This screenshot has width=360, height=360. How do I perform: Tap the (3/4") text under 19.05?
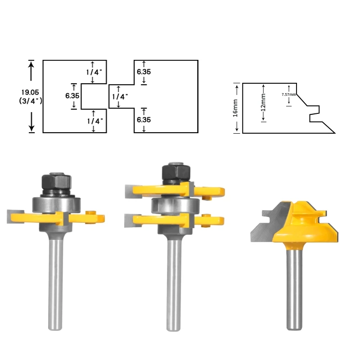[x=31, y=101]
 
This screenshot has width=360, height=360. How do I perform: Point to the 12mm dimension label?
[x=263, y=102]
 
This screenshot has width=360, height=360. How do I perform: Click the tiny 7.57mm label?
[x=288, y=94]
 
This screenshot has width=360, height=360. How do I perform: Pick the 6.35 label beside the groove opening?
[x=72, y=96]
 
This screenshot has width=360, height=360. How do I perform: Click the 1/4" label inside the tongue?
[x=120, y=96]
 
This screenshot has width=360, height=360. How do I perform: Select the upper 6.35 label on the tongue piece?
[x=144, y=72]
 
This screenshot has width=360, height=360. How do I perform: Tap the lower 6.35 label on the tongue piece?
[x=144, y=120]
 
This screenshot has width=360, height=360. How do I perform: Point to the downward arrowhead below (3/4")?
[x=31, y=128]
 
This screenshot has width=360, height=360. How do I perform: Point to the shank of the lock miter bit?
[x=293, y=288]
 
